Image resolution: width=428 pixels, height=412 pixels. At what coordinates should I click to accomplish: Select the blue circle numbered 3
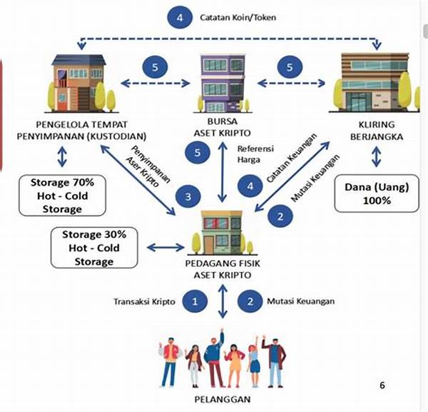pyautogui.click(x=188, y=196)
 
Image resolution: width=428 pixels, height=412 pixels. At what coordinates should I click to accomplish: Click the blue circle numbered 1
pyautogui.click(x=194, y=301)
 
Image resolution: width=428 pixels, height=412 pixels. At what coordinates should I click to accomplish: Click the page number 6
pyautogui.click(x=382, y=386)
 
